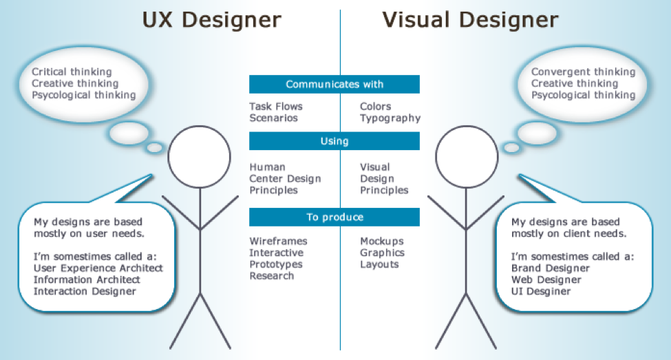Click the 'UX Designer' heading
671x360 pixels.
tap(211, 20)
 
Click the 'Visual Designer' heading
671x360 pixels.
tap(470, 20)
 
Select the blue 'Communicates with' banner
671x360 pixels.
tap(334, 84)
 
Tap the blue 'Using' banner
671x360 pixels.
tap(334, 141)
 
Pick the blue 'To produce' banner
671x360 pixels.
tap(334, 218)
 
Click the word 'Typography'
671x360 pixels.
tap(390, 118)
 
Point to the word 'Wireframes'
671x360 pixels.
tap(278, 242)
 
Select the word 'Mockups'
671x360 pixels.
tap(382, 242)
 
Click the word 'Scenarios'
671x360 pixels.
tap(273, 118)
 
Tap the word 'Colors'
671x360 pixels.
tap(375, 107)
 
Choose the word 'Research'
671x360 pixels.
tap(271, 276)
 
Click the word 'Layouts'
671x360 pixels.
tap(379, 264)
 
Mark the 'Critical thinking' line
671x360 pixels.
tap(72, 72)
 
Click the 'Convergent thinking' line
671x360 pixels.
tap(583, 72)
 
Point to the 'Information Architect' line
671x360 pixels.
tap(87, 279)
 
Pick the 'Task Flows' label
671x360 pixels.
tap(276, 107)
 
